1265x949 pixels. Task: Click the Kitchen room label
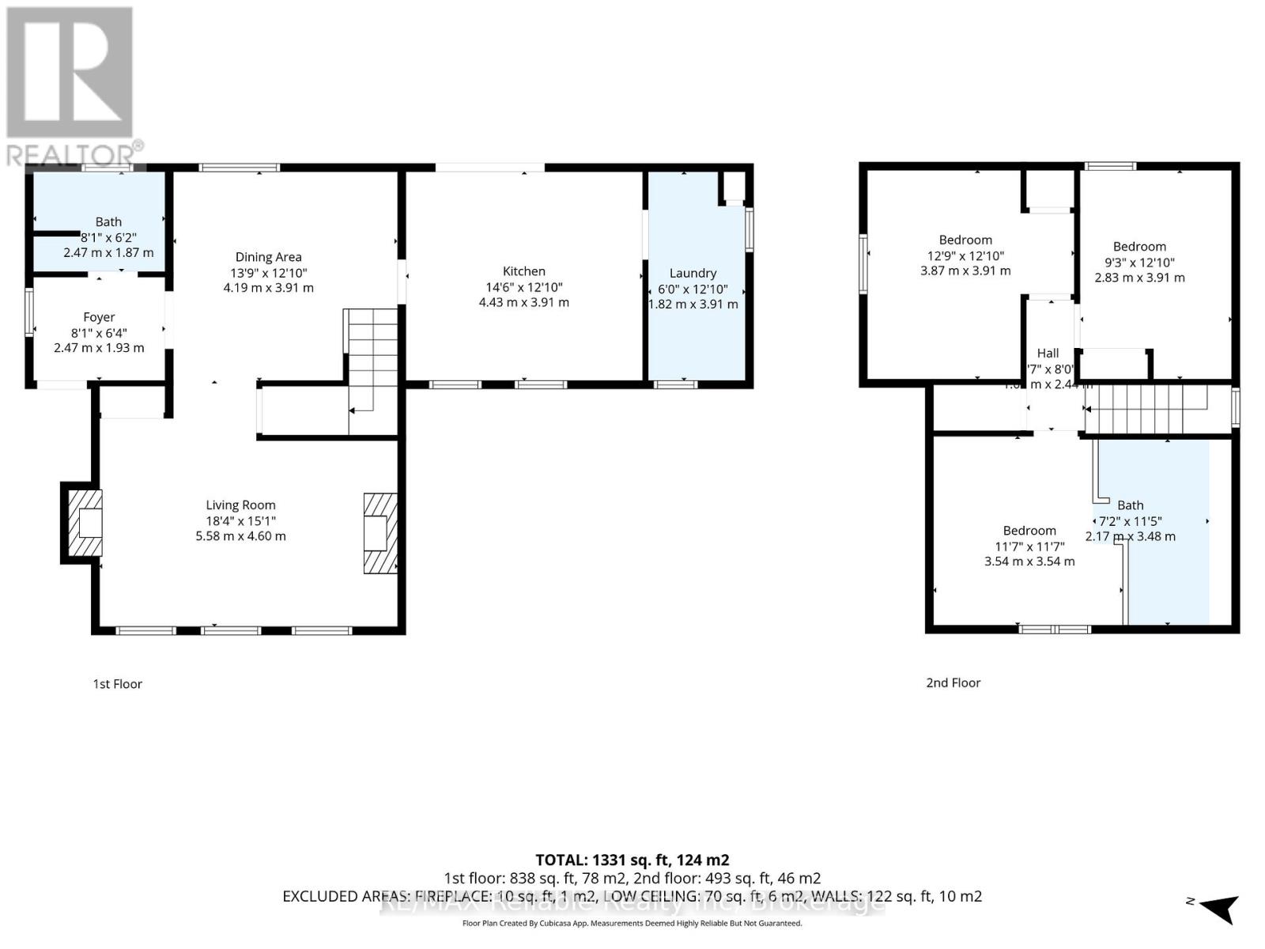tap(523, 271)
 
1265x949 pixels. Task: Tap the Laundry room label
tap(693, 273)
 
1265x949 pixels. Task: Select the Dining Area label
tap(268, 257)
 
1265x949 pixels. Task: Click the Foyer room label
tap(99, 317)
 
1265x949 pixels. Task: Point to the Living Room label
tap(240, 505)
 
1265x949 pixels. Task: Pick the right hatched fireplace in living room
tap(379, 533)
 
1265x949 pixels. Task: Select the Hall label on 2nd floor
tap(1048, 354)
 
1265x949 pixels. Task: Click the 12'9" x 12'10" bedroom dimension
tap(965, 255)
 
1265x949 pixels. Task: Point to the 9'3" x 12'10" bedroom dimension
tap(1139, 263)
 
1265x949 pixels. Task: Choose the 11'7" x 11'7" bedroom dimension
tap(1029, 546)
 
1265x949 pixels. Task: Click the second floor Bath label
tap(1130, 505)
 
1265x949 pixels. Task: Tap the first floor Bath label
tap(108, 222)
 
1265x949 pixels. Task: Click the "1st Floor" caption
tap(117, 684)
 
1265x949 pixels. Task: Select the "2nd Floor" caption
tap(953, 682)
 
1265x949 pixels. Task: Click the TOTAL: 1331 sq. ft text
tap(632, 860)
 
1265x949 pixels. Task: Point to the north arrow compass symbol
tap(1219, 907)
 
